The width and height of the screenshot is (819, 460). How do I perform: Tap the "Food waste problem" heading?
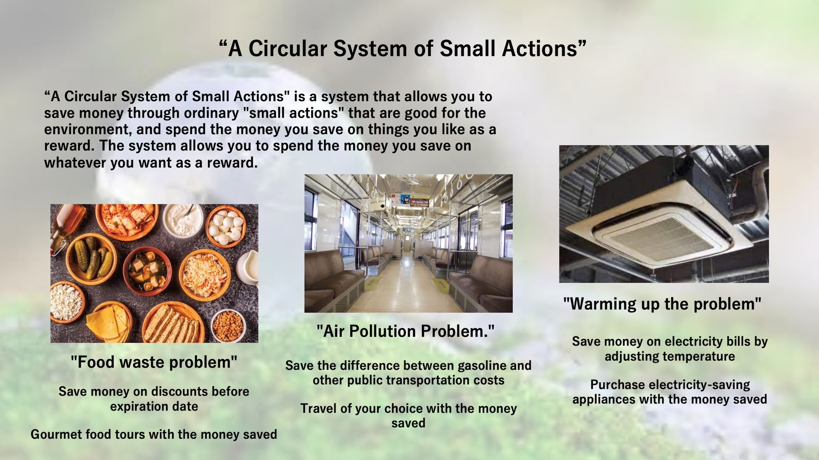(x=154, y=362)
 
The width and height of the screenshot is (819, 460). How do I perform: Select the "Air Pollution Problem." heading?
(x=406, y=331)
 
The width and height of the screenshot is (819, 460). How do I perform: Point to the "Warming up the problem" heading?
(x=662, y=304)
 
